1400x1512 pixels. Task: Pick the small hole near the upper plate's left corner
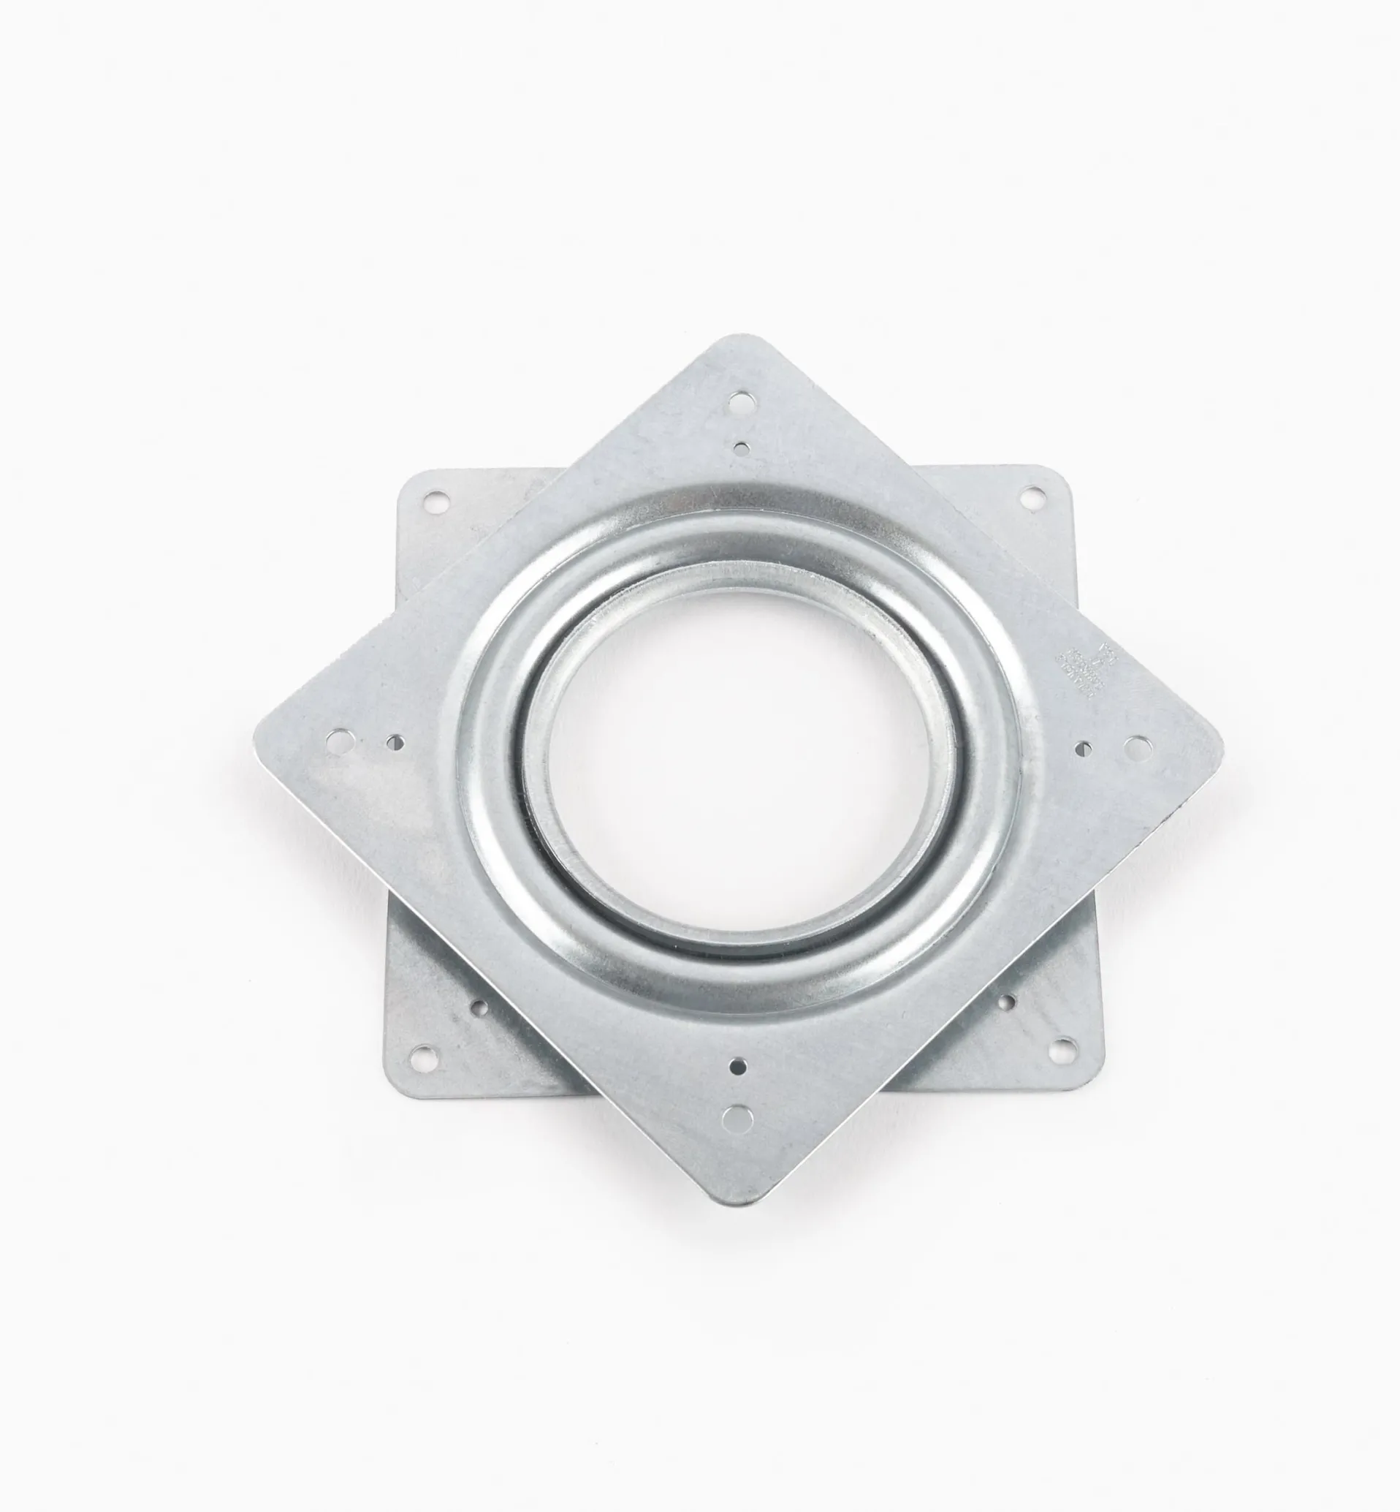[394, 741]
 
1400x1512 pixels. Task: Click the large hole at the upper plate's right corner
[1134, 747]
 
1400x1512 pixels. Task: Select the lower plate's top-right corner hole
[1031, 498]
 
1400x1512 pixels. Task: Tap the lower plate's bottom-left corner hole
[425, 1053]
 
